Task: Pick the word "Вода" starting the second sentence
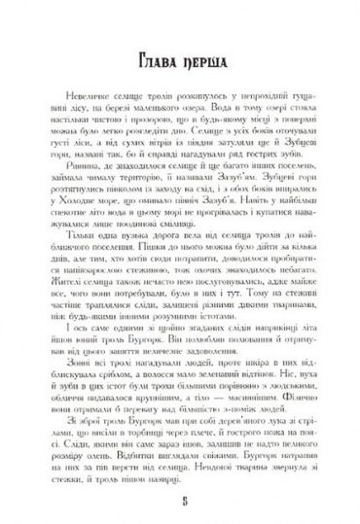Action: click(x=220, y=142)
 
